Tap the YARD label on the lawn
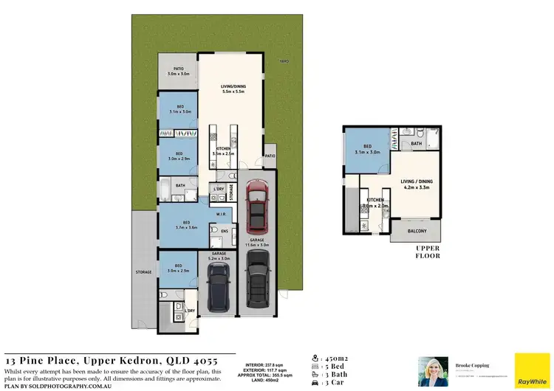click(x=283, y=62)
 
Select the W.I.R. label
click(x=220, y=215)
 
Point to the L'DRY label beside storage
click(x=218, y=189)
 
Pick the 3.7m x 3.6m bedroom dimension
click(x=185, y=227)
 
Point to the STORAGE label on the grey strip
click(x=143, y=272)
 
